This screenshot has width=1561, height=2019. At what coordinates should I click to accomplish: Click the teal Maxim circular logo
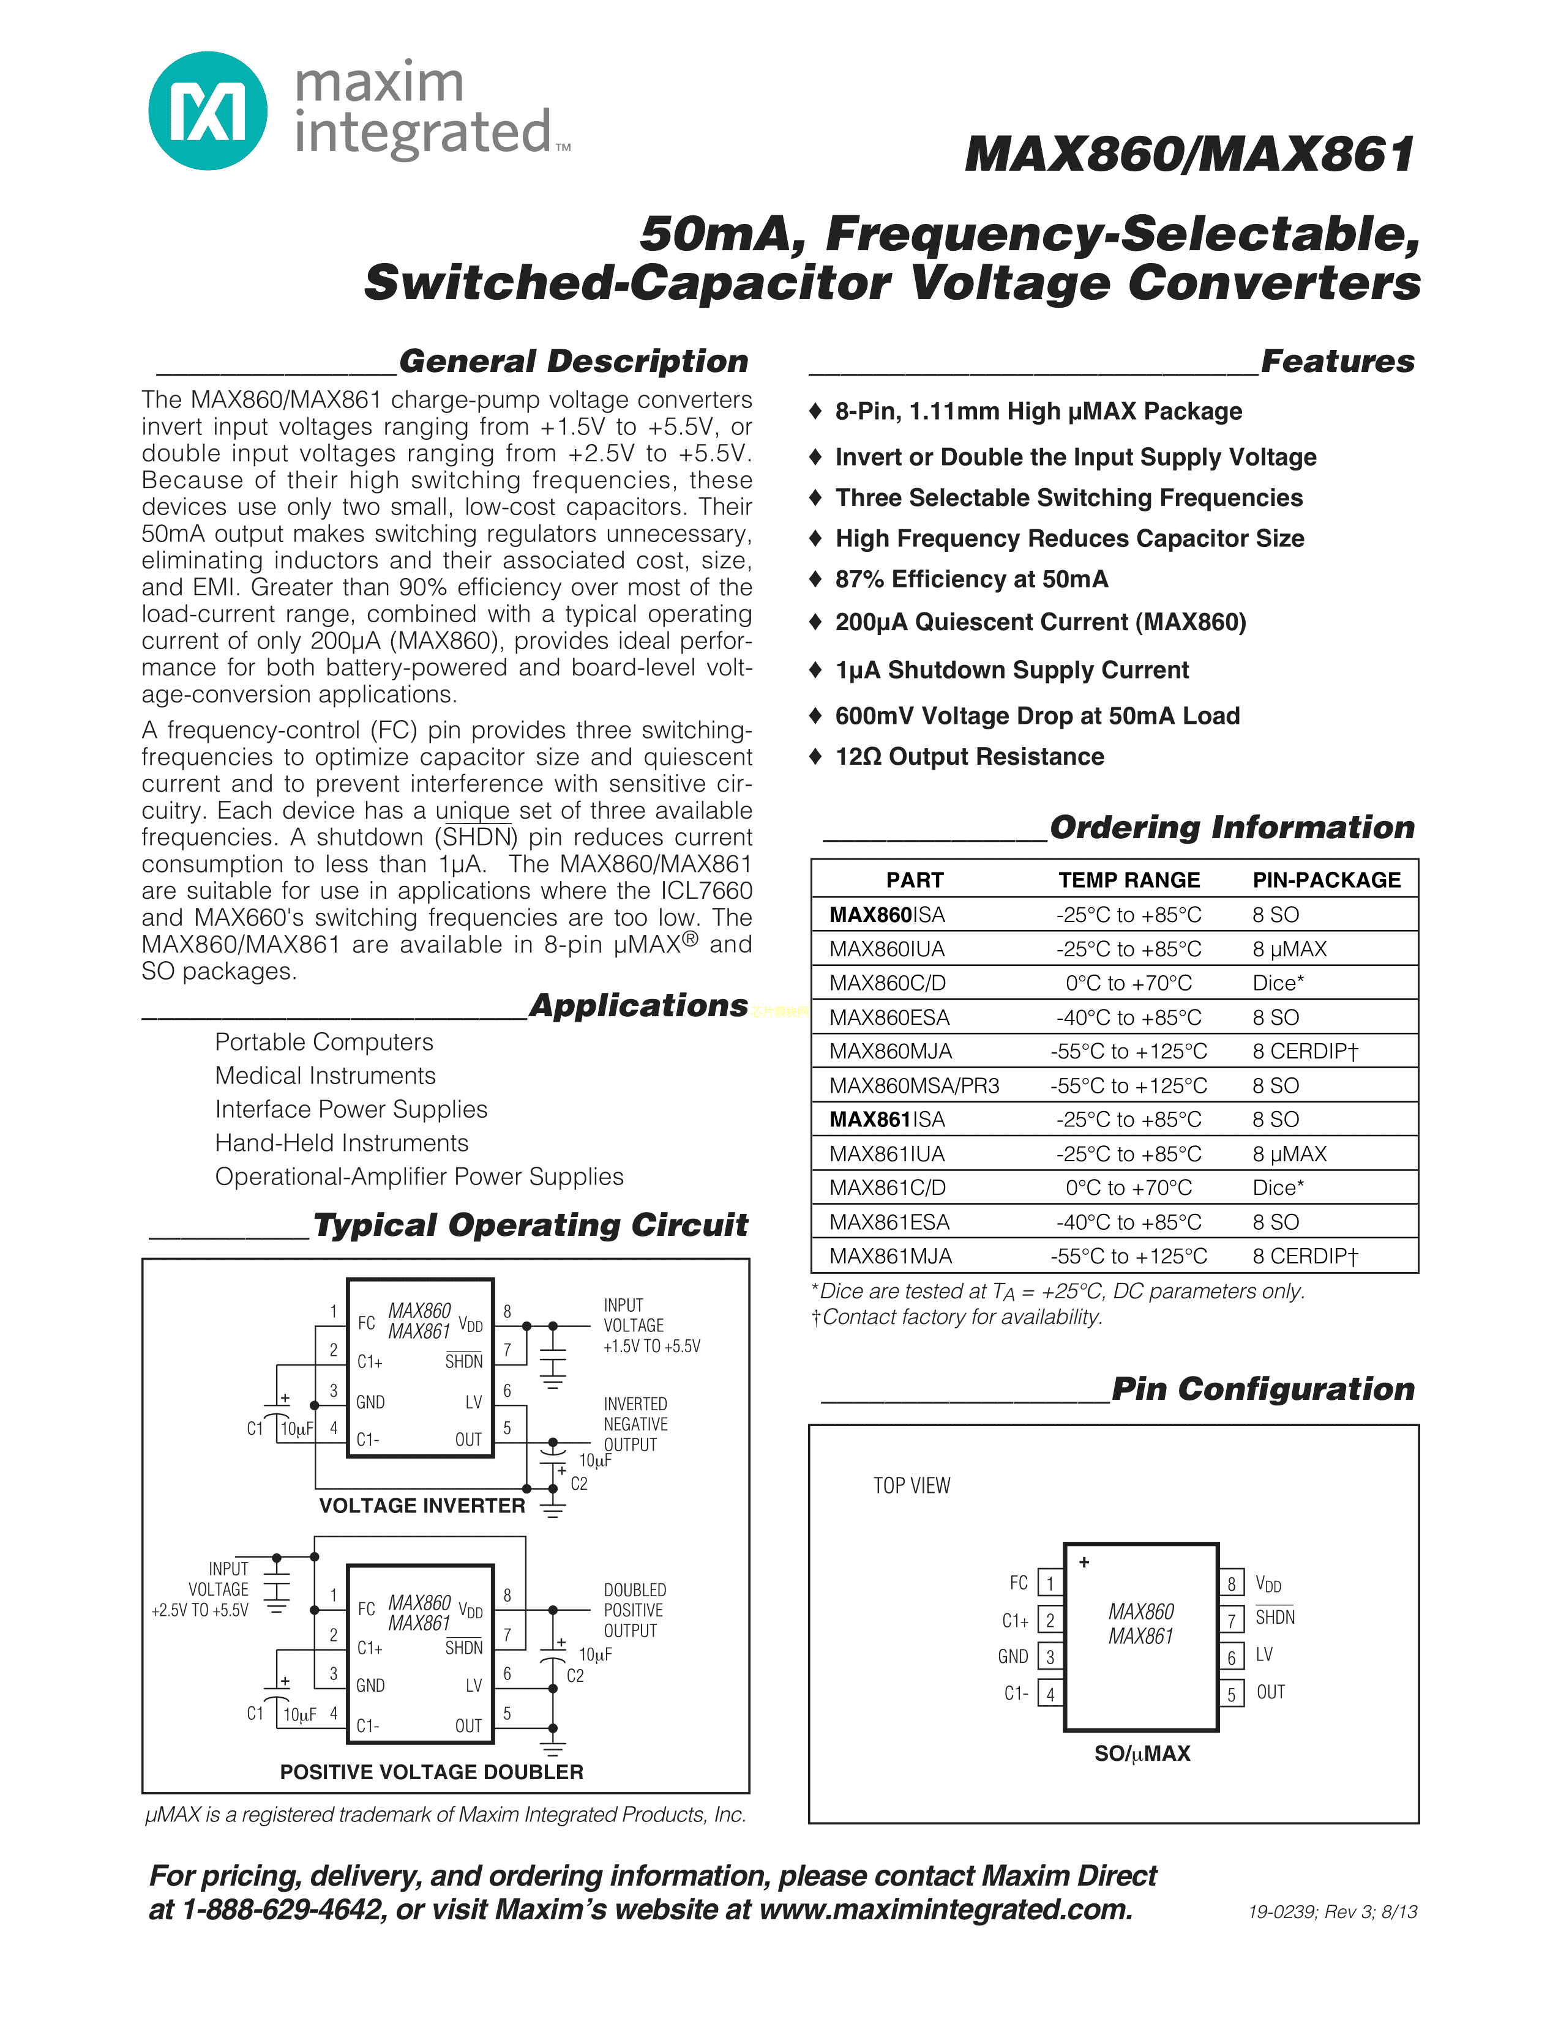coord(208,111)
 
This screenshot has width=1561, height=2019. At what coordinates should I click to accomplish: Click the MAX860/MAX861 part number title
coord(1189,154)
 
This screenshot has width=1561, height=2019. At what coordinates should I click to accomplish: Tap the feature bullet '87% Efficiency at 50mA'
coord(971,579)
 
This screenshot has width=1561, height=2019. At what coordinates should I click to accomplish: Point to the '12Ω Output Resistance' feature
coord(969,757)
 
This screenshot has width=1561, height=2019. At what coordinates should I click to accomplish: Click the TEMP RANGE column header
coord(1129,880)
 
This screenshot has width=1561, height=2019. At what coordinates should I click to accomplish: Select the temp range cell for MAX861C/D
coord(1128,1188)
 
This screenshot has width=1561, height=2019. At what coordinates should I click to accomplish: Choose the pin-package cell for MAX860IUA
coord(1289,950)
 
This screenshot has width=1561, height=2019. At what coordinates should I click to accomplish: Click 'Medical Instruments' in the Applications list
coord(324,1076)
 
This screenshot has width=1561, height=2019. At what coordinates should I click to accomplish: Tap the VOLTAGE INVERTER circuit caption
coord(422,1506)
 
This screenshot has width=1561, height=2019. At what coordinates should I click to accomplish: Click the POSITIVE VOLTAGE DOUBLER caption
coord(432,1772)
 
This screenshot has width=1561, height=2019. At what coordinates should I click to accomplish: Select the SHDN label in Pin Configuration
coord(1275,1618)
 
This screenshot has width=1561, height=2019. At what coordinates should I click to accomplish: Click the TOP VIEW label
coord(912,1485)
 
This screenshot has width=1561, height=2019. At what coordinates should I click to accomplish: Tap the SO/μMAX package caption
coord(1142,1753)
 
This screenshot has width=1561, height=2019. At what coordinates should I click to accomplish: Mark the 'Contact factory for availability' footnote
coord(958,1317)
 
